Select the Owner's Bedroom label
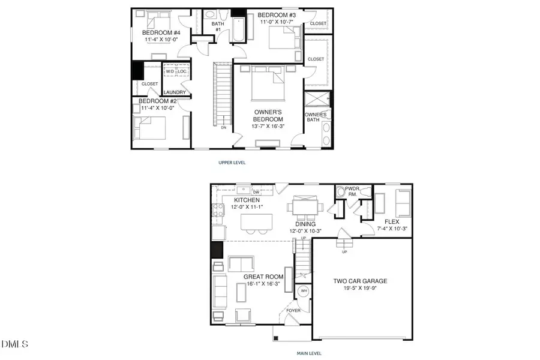pos(268,116)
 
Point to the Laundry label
pos(175,92)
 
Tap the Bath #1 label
pos(218,26)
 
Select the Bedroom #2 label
pos(157,101)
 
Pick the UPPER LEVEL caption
pos(232,162)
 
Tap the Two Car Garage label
pos(360,280)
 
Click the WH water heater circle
pos(304,290)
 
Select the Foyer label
pos(293,310)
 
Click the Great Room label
pos(263,277)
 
